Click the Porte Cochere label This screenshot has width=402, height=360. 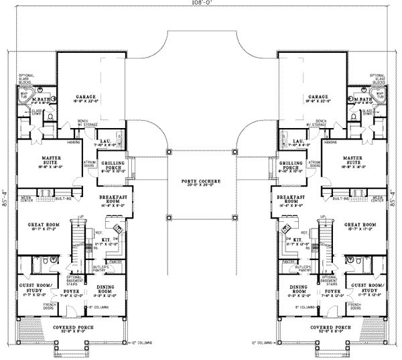tap(201, 182)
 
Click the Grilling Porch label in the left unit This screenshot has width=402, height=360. tap(112, 165)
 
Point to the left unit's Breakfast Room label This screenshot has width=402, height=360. tap(109, 199)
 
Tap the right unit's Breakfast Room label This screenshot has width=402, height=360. tap(293, 199)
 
